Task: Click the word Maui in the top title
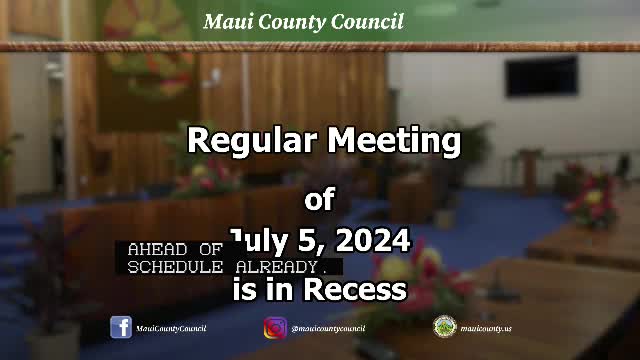226,21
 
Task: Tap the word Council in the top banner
369,21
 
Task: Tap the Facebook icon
121,327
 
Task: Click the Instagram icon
275,327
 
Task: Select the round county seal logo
444,327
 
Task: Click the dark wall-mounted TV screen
540,76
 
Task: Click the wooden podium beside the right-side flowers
529,171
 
